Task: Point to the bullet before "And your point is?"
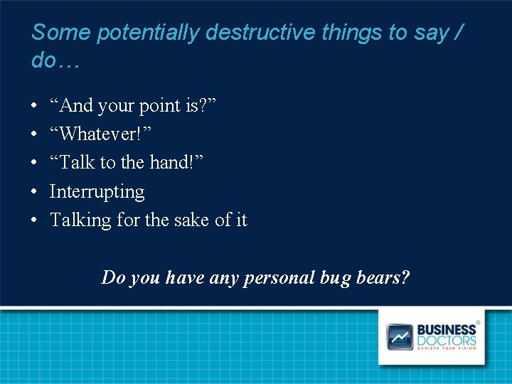pyautogui.click(x=35, y=107)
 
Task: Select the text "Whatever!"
pyautogui.click(x=100, y=134)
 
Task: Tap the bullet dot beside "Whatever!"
pyautogui.click(x=35, y=135)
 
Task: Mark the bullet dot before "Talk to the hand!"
pyautogui.click(x=35, y=164)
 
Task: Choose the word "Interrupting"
pyautogui.click(x=97, y=192)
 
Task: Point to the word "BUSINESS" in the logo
pyautogui.click(x=446, y=330)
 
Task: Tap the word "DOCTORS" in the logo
pyautogui.click(x=446, y=341)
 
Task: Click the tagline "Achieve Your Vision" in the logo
pyautogui.click(x=446, y=348)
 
